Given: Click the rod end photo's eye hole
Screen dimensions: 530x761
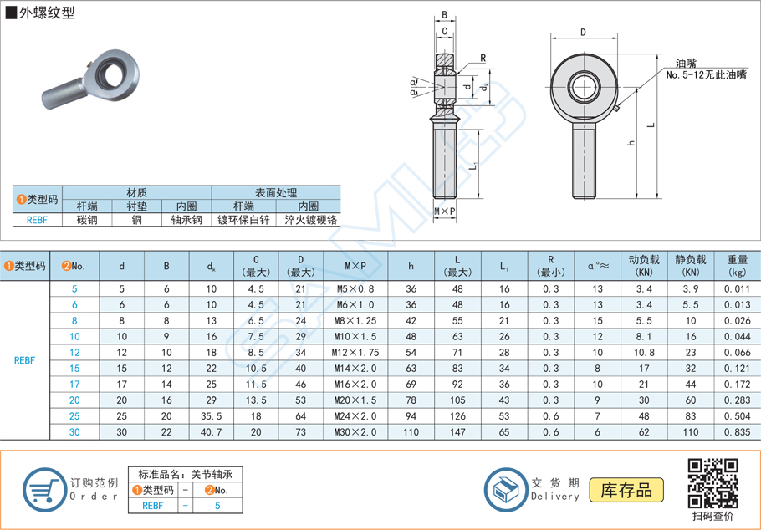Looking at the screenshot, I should point(111,70).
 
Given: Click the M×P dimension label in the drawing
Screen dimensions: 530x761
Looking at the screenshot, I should point(445,211).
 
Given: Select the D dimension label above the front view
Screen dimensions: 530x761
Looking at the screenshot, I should point(583,33).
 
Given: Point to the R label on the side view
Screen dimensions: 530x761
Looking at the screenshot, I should point(483,58).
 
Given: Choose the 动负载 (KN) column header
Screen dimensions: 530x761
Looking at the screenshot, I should point(644,266).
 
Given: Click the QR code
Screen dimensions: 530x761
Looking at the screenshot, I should point(712,483).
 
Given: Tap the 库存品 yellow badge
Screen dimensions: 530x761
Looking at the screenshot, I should point(626,490).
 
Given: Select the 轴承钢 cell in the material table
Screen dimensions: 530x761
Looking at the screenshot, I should point(186,220).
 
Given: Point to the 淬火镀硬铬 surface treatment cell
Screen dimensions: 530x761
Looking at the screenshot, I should point(309,220).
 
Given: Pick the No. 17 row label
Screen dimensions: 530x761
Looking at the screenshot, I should point(74,385).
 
